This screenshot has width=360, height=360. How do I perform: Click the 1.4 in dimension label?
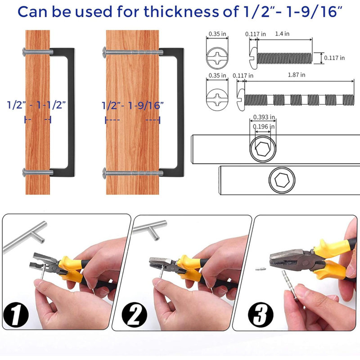coord(282,34)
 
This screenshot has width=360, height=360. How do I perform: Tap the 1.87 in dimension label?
coord(297,75)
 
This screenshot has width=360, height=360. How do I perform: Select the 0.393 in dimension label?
coord(264,117)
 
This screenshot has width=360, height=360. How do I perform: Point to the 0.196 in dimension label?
coord(264,126)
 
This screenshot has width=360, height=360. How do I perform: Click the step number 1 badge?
coord(16,314)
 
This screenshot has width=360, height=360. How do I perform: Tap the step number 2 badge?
coord(135,314)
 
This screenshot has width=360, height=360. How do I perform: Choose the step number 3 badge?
coord(261,315)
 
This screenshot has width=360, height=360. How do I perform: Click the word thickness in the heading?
coord(181,12)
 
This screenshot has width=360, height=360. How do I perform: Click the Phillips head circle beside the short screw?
coord(217,58)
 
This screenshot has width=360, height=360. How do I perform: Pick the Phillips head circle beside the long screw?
coord(217,99)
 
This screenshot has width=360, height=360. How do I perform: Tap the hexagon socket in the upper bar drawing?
coord(263,149)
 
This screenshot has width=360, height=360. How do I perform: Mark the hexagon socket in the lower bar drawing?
coord(282,180)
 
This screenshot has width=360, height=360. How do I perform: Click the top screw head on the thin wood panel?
coord(24,52)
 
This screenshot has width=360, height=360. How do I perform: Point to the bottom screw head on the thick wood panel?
coord(104,173)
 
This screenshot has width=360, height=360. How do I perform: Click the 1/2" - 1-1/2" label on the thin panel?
coord(36,105)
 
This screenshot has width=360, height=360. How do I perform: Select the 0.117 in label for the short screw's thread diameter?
coord(334,58)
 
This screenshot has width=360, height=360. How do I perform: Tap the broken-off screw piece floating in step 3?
coord(261,268)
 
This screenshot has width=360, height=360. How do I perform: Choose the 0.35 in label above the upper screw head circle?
coord(217,34)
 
